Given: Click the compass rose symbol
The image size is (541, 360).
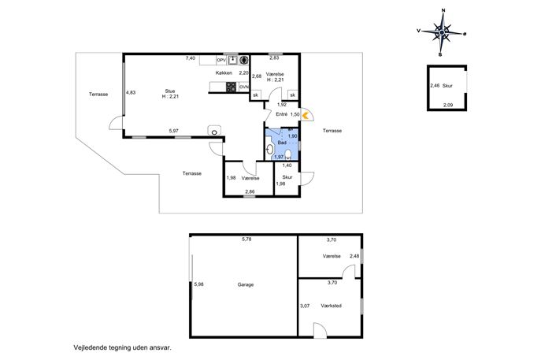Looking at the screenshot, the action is tap(442, 32).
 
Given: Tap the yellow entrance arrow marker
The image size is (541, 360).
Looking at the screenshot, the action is tap(306, 115).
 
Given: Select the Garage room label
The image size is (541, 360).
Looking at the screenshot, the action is tap(246, 284).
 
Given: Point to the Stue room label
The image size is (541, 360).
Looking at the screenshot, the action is tap(170, 91).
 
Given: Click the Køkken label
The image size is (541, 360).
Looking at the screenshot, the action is tap(224, 72).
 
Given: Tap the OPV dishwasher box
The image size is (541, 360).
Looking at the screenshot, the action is tap(221, 61).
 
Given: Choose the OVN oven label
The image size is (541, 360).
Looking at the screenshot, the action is tap(244, 87).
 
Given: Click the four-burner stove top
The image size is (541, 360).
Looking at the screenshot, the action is tap(232, 87).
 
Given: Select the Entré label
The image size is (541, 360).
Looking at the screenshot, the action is tap(282, 114).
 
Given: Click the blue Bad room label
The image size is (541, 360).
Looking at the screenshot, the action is tap(282, 143).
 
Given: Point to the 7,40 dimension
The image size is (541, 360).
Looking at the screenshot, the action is tap(191, 58).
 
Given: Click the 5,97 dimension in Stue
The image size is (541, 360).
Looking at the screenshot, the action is tap(174, 131).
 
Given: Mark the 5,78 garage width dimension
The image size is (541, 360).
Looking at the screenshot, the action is tap(246, 239).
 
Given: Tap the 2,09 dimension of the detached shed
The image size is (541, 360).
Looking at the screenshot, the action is tap(448, 106).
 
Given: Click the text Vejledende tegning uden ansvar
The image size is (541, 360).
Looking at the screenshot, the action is tap(123, 348).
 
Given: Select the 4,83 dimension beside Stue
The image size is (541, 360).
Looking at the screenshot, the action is tap(131, 92).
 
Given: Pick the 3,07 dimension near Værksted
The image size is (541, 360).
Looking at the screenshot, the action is tap(305, 306).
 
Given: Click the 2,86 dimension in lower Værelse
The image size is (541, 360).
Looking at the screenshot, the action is tap(250, 191).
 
